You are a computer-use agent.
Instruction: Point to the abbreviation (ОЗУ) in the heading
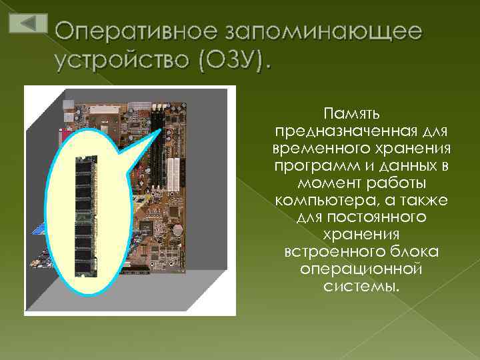[231, 61]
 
